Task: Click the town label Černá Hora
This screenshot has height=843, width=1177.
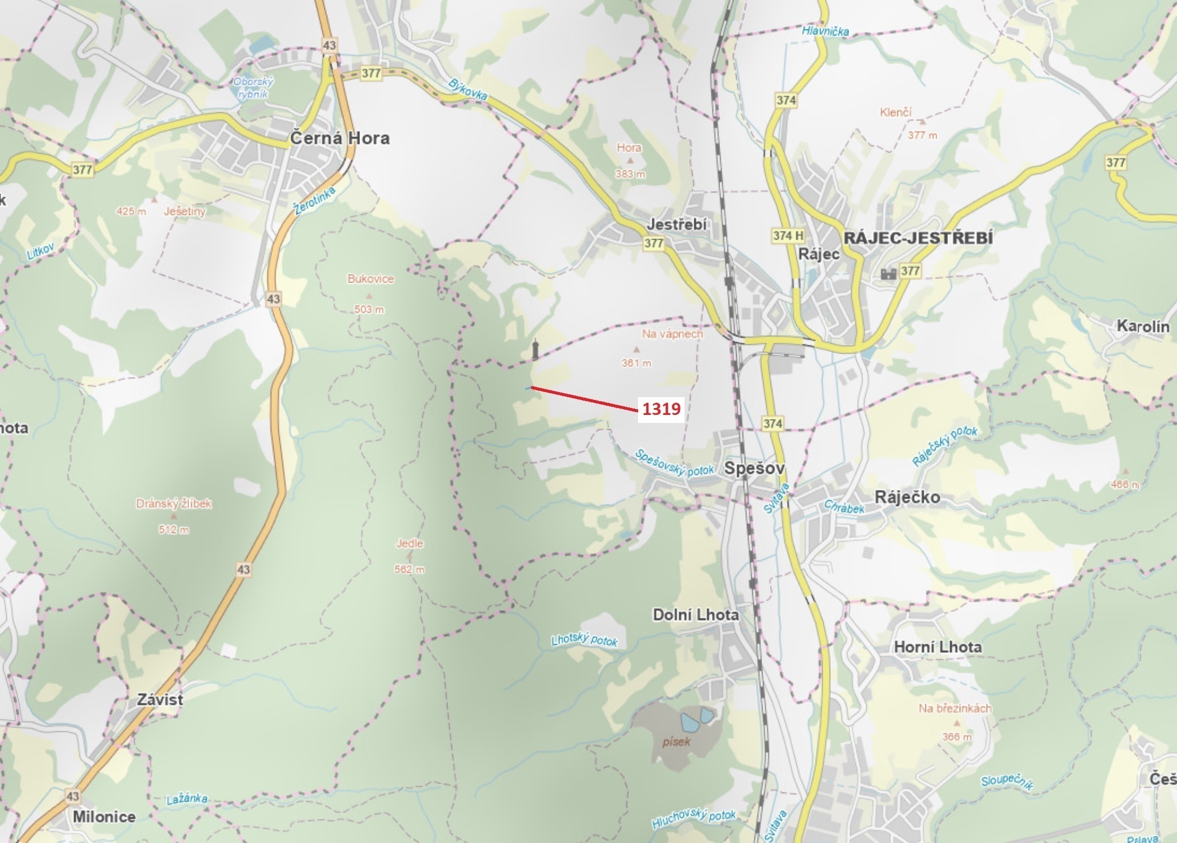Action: tap(339, 138)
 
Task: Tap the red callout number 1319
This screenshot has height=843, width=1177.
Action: tap(661, 409)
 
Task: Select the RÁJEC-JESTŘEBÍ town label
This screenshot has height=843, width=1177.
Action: tap(918, 238)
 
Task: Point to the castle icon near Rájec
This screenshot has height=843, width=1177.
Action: tap(888, 273)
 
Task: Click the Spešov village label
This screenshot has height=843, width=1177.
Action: tap(754, 468)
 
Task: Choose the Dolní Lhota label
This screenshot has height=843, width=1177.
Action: tap(695, 615)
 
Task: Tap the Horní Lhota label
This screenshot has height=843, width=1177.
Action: tap(937, 647)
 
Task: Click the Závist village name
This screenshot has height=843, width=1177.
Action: tap(160, 699)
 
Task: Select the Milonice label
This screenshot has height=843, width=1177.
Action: tap(104, 817)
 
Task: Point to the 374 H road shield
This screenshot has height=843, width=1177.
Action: tap(788, 235)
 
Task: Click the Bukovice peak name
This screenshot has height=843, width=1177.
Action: tap(370, 279)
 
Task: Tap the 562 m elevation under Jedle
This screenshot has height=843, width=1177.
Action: tap(409, 569)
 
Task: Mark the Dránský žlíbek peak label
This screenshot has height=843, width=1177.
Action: tap(174, 504)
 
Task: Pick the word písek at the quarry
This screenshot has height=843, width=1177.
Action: tap(677, 742)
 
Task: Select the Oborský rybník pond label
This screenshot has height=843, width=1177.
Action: tap(253, 88)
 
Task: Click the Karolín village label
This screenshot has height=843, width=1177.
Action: tap(1143, 326)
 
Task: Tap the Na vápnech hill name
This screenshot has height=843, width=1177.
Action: tap(672, 334)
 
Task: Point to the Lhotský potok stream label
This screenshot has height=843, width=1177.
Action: tap(584, 640)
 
